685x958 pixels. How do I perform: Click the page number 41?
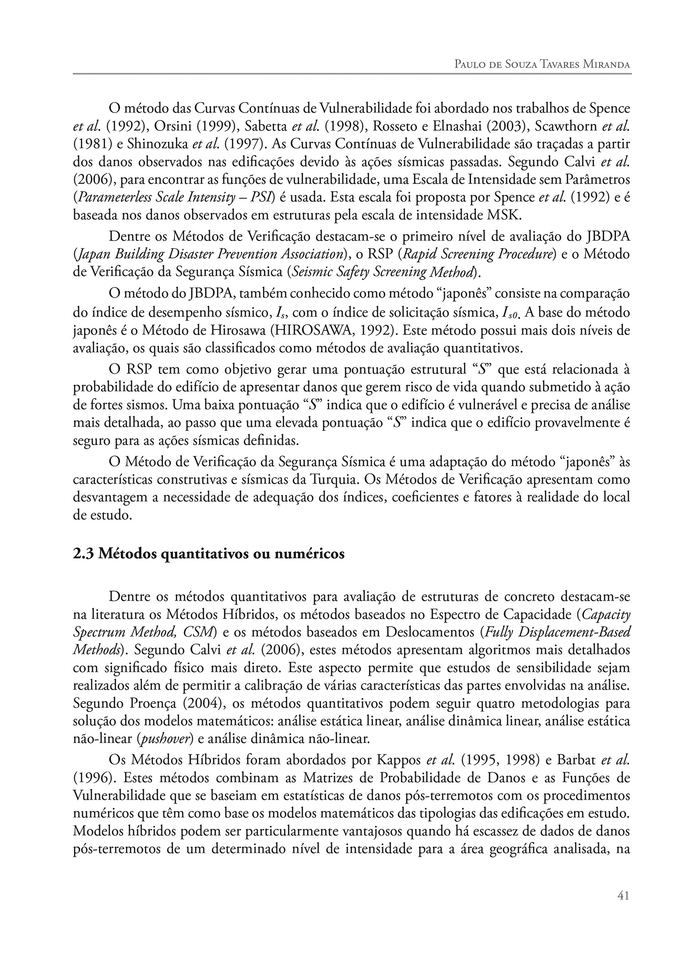click(623, 909)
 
